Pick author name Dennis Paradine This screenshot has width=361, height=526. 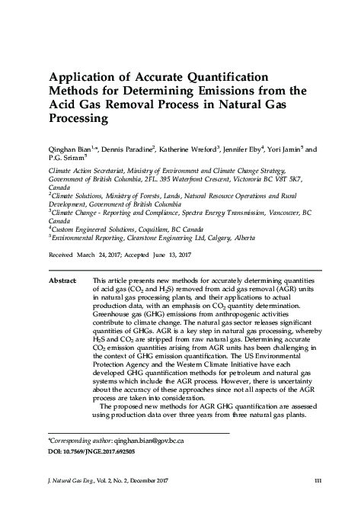129,151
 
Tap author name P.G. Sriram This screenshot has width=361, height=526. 65,160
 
